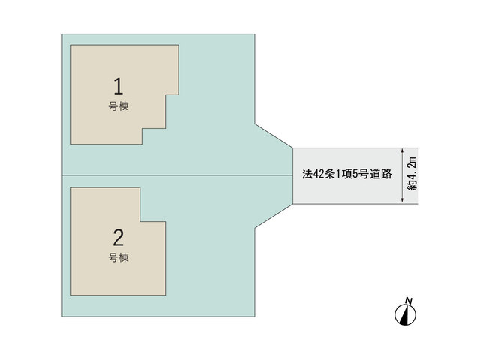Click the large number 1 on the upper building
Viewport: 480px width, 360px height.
tap(118, 86)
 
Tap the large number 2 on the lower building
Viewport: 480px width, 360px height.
tap(118, 238)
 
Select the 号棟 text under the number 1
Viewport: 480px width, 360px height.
tap(118, 106)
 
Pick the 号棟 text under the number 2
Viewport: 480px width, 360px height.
tap(118, 257)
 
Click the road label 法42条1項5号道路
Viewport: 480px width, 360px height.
tap(346, 174)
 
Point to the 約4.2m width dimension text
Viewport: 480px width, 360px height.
tap(412, 173)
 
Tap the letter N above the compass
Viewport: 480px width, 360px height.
tap(408, 300)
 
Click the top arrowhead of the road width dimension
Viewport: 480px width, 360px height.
tap(402, 151)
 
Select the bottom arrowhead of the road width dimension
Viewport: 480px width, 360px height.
tap(402, 201)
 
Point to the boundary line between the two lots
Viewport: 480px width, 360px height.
tap(178, 175)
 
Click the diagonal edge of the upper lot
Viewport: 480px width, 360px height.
tap(274, 136)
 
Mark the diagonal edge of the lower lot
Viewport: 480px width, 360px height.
tap(274, 216)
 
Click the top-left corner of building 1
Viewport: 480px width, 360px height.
tap(71, 45)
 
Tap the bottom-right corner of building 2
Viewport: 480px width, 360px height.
tap(166, 295)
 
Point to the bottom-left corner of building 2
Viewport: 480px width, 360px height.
tap(71, 295)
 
